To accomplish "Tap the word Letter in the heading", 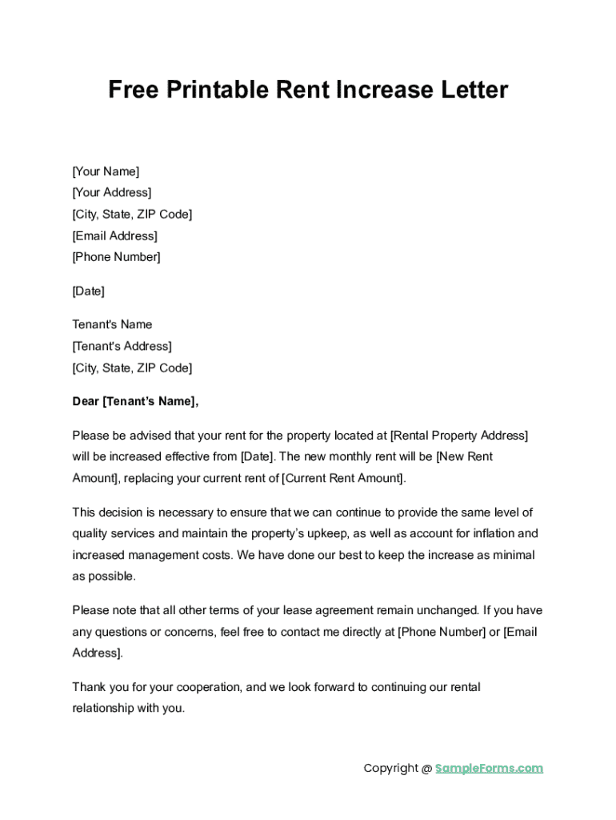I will [472, 90].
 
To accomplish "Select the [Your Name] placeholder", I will [106, 171].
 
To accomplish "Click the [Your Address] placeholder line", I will [111, 193].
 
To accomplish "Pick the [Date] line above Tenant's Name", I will [88, 291].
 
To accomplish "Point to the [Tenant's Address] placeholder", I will [122, 347].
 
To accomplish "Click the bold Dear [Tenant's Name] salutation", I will [134, 402].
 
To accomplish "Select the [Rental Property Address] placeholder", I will [458, 436].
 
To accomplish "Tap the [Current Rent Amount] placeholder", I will [344, 479].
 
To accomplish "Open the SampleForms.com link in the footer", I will [489, 769].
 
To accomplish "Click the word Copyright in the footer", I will [391, 769].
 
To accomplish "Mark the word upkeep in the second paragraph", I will [325, 533].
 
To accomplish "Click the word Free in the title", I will [134, 90].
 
